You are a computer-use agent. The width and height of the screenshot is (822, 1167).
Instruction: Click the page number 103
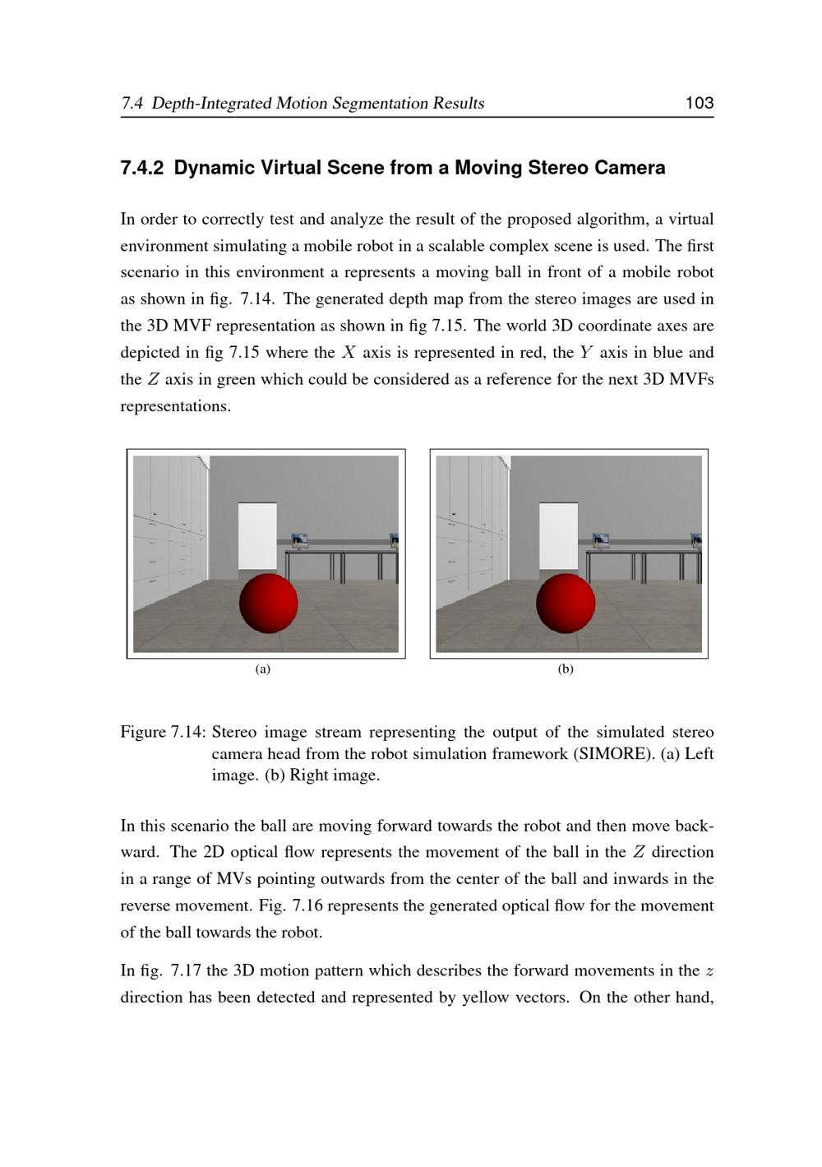pyautogui.click(x=699, y=103)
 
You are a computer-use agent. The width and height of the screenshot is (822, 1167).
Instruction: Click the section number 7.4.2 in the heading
pyautogui.click(x=142, y=168)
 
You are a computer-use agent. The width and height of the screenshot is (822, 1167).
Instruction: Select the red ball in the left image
pyautogui.click(x=268, y=603)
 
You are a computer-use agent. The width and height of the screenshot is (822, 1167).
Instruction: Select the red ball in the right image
pyautogui.click(x=566, y=603)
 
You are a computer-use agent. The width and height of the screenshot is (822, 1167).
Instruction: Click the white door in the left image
pyautogui.click(x=256, y=535)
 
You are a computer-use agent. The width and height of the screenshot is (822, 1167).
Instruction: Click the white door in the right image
pyautogui.click(x=558, y=535)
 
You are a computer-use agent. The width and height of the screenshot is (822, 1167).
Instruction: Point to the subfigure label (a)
pyautogui.click(x=263, y=669)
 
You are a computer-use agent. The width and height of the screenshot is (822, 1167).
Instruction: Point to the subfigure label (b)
pyautogui.click(x=566, y=669)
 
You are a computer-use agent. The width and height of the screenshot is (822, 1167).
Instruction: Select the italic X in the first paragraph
pyautogui.click(x=349, y=353)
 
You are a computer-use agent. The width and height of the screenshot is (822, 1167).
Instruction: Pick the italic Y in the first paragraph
pyautogui.click(x=586, y=353)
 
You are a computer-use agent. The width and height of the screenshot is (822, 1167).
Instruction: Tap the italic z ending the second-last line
pyautogui.click(x=709, y=971)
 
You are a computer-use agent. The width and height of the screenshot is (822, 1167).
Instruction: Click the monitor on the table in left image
pyautogui.click(x=299, y=541)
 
